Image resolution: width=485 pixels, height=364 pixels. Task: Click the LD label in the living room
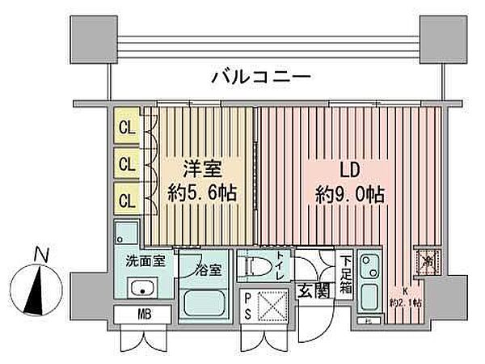[x=349, y=171]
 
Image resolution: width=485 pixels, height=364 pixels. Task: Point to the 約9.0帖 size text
[x=349, y=196]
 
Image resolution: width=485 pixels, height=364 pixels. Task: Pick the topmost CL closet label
[x=126, y=127]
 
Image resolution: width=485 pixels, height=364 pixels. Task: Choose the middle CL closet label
[x=126, y=163]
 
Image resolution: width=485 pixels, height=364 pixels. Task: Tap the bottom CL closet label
[x=126, y=197]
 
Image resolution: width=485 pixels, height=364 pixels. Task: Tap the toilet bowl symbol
[x=257, y=266]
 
